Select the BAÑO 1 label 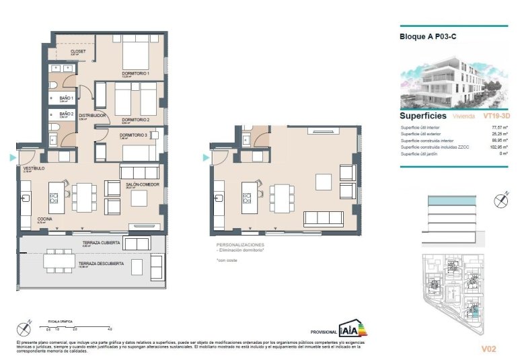(x=66, y=98)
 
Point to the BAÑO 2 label (x=66, y=114)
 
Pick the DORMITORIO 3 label (x=134, y=135)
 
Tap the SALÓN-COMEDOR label (x=145, y=184)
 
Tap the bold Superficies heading (x=422, y=116)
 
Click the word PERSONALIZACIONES (x=240, y=245)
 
